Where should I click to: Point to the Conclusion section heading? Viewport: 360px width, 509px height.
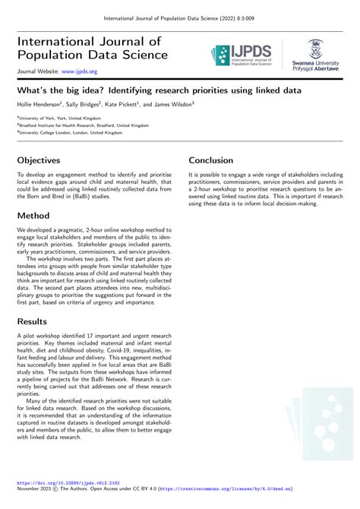216,161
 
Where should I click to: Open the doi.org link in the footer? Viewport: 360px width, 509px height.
68,482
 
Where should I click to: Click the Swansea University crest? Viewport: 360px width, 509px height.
314,48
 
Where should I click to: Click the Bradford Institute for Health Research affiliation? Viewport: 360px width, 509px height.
84,125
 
